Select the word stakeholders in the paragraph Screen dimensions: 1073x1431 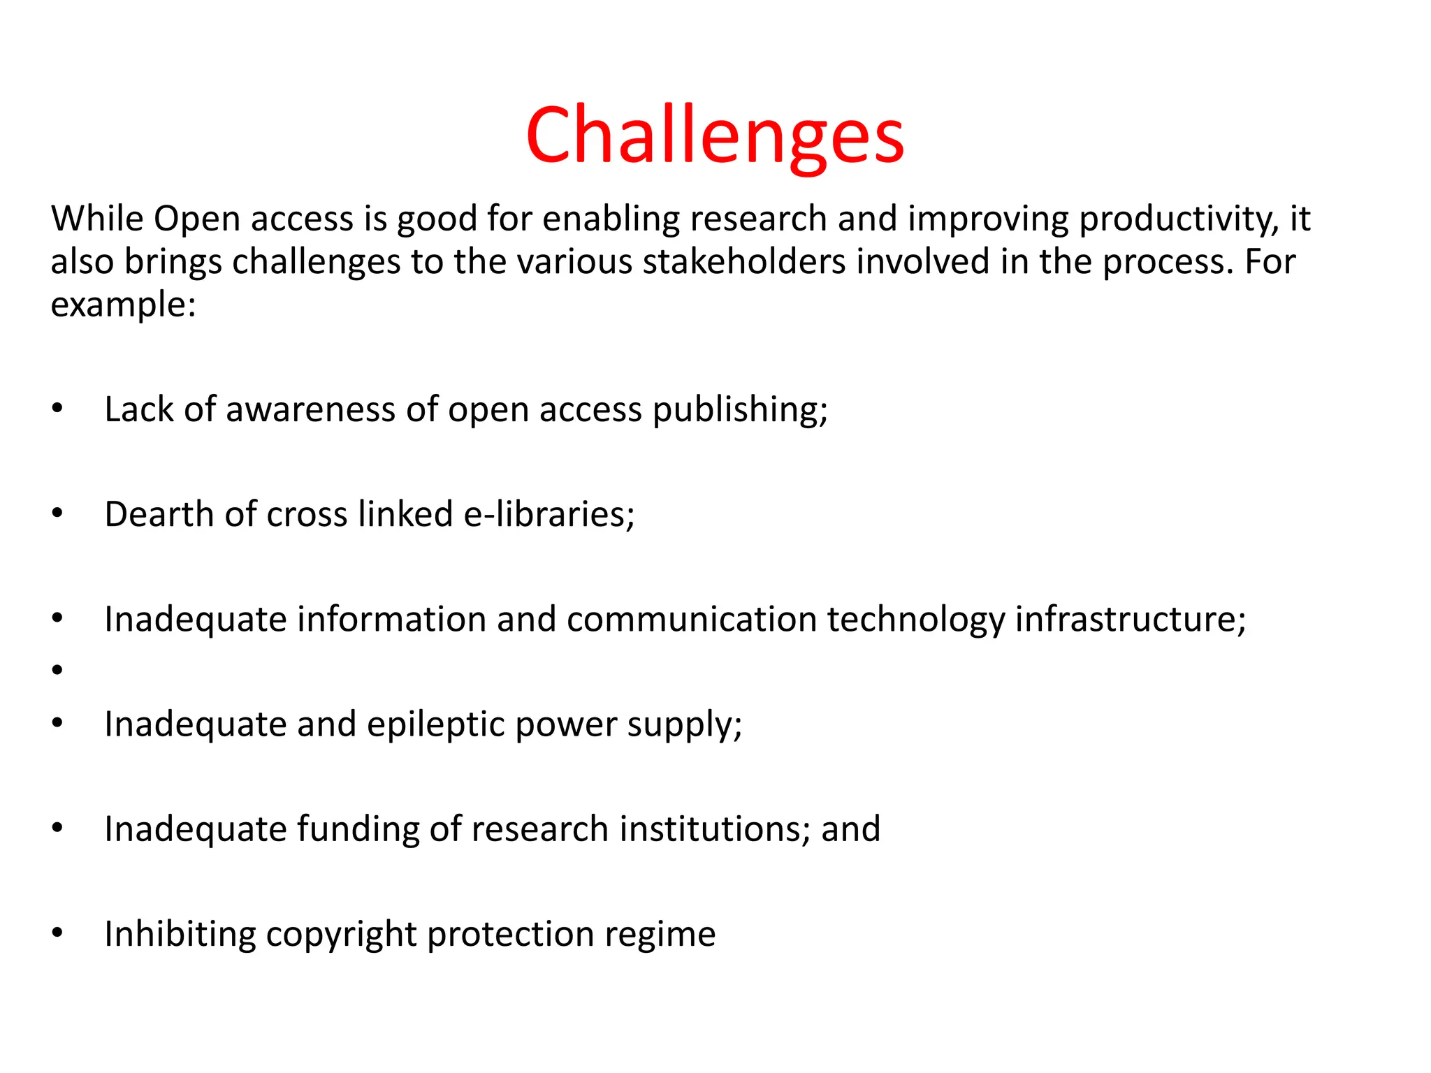point(743,262)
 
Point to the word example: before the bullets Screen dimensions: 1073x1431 point(123,305)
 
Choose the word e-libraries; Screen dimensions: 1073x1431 point(549,514)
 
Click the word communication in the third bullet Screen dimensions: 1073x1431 point(692,620)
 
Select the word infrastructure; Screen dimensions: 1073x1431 point(1130,620)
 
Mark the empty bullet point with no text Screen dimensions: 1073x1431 point(57,670)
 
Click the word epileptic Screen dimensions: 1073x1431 point(435,724)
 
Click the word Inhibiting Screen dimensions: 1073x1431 point(180,934)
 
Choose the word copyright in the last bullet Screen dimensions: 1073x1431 point(341,934)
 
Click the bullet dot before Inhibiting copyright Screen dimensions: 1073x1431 point(57,933)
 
